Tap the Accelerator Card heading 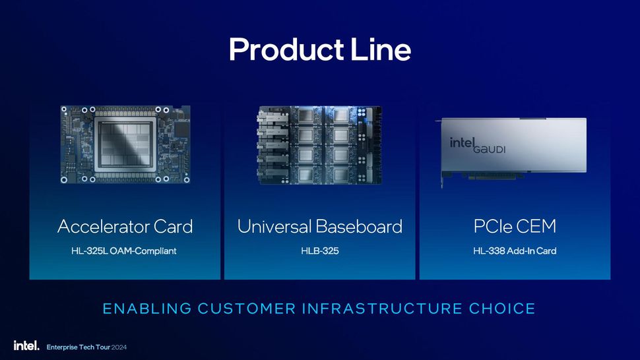click(125, 227)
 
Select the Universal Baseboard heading click(319, 227)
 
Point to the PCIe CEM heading click(515, 227)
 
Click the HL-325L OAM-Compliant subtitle click(124, 251)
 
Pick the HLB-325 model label click(319, 251)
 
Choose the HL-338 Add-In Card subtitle click(515, 251)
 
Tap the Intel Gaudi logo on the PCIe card click(478, 145)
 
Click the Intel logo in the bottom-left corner click(26, 345)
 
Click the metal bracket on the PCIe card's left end click(443, 155)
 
